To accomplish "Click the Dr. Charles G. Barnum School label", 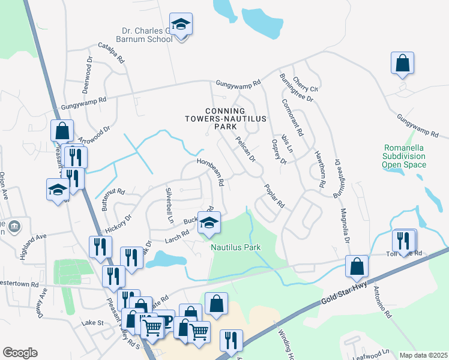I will coord(148,34).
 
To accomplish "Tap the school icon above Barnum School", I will coord(181,25).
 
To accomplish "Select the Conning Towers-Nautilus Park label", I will coord(225,119).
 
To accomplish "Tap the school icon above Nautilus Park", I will coord(209,223).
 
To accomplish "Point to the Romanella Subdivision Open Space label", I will coord(405,156).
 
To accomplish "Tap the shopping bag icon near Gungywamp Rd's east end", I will coord(402,64).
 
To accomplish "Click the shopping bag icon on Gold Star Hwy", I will coord(357,266).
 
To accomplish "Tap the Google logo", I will coord(20,353).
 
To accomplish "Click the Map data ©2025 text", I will coord(423,355).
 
